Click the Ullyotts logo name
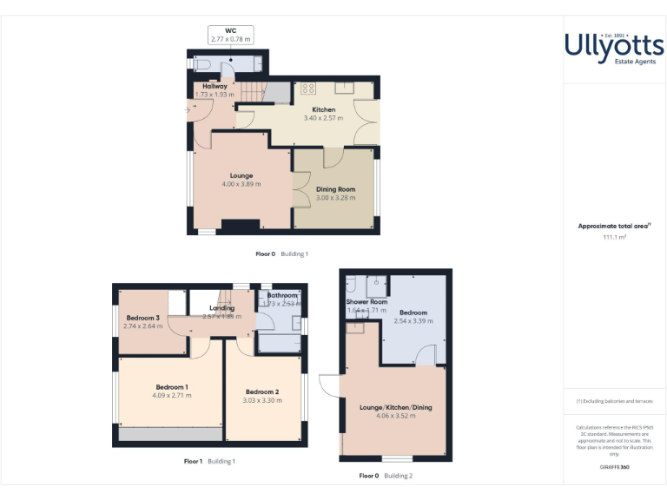(614, 44)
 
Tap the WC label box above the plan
(230, 35)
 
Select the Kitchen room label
(324, 110)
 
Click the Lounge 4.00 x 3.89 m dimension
(241, 184)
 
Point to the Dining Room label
(334, 189)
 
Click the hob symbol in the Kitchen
(307, 89)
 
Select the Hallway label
(215, 87)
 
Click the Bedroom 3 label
(142, 318)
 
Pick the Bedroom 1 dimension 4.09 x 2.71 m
(172, 396)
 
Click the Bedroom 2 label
(261, 391)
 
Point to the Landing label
(221, 308)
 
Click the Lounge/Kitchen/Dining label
(395, 407)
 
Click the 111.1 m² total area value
(614, 236)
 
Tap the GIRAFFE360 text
(614, 468)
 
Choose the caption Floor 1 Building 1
(209, 461)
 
